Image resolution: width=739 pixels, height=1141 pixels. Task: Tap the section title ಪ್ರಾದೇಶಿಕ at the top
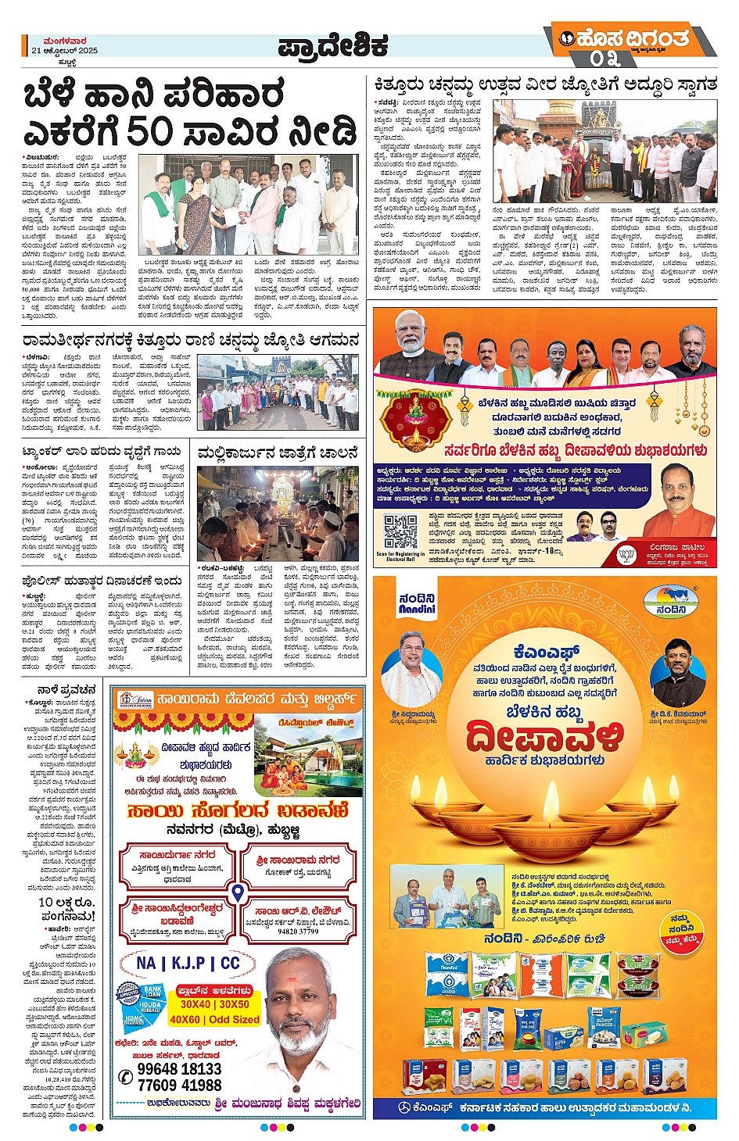coord(332,48)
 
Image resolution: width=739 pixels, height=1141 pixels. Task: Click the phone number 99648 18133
coord(179,1069)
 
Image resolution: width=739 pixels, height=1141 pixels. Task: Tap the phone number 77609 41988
coord(179,1086)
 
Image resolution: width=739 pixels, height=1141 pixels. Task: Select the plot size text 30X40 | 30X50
coord(214,1004)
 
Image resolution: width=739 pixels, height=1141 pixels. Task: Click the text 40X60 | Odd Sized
coord(214,1020)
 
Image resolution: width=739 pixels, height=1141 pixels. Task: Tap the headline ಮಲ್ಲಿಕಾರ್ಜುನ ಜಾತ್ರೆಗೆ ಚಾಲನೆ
coord(278,453)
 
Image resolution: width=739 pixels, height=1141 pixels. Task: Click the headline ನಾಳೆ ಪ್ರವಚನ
coord(66,691)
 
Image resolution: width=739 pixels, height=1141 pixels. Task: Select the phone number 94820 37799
coord(298,932)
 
